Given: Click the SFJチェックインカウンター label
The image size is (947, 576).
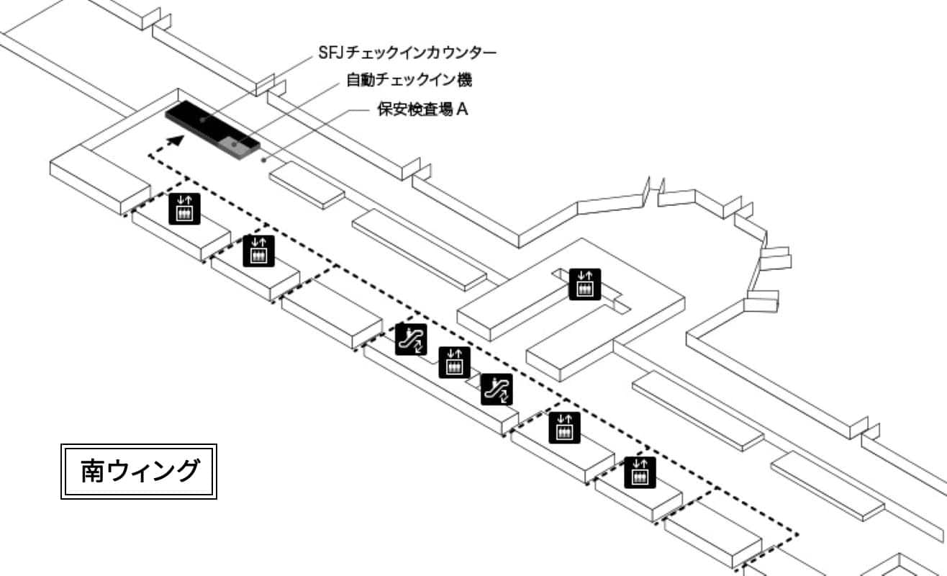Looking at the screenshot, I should point(408,53).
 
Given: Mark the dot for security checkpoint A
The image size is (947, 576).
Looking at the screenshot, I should point(266,159).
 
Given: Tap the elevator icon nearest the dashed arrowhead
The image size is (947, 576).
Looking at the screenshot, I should point(185,208).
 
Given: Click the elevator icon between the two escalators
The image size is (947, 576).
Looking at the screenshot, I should point(454,361).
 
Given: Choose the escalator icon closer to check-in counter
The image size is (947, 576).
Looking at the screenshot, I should point(412,339).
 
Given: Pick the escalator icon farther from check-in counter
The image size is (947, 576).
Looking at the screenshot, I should point(497,389).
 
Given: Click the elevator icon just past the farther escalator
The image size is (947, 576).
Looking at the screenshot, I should point(564,427).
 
